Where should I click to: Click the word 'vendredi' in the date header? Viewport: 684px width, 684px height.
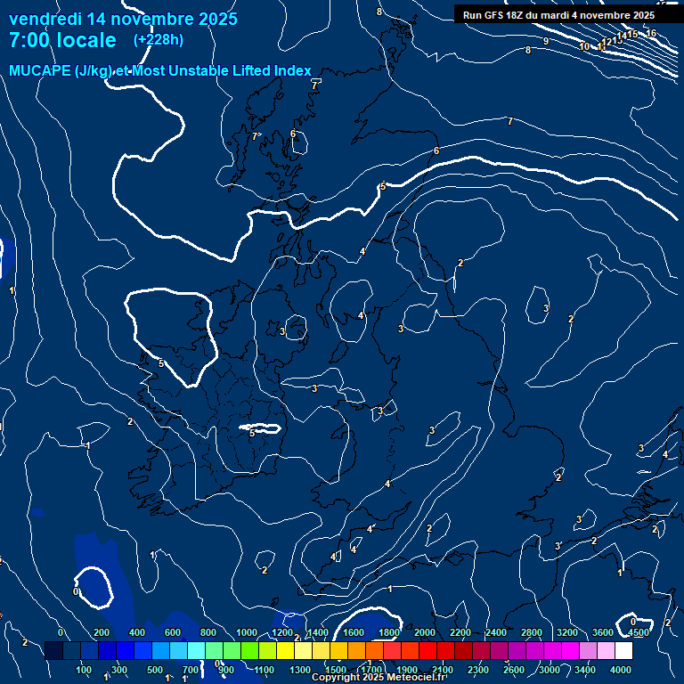[45, 19]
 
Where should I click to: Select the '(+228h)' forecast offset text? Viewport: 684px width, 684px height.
[159, 40]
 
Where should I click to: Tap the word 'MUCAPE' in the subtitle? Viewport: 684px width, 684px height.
[37, 70]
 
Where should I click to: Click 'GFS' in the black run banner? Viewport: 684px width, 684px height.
[493, 15]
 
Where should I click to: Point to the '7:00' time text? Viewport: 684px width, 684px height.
[29, 40]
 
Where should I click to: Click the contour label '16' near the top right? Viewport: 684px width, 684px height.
[651, 34]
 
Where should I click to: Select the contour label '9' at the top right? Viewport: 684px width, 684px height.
[545, 41]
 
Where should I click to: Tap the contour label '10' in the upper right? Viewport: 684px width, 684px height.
[584, 46]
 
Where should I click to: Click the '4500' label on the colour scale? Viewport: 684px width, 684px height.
[638, 632]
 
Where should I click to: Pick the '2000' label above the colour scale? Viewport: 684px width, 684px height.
[424, 632]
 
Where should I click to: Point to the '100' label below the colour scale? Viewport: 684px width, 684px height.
[85, 670]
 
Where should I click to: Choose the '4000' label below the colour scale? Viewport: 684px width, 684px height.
[622, 670]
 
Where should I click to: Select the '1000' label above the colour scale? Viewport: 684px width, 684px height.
[247, 632]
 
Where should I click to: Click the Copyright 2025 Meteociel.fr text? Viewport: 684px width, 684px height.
[379, 678]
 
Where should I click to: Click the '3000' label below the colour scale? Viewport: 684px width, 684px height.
[550, 670]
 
